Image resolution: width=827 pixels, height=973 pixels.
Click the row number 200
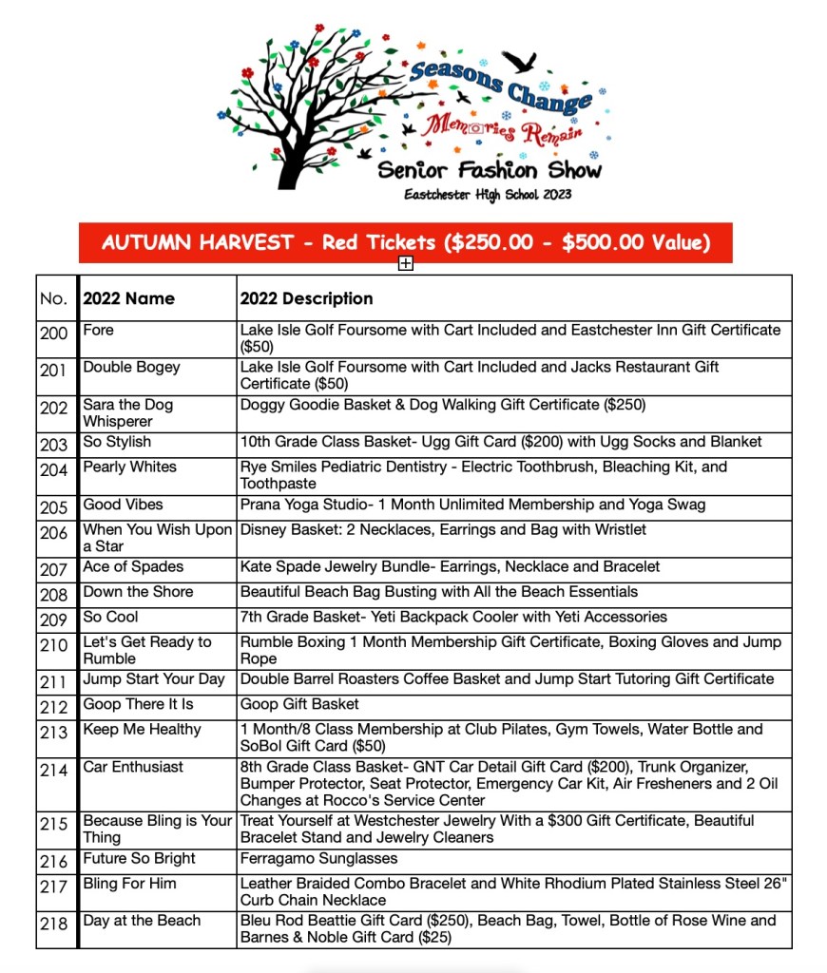(54, 333)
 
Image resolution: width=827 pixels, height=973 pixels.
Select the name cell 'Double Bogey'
(131, 367)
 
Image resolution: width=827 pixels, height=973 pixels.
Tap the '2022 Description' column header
(306, 298)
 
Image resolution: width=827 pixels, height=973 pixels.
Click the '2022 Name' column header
(128, 298)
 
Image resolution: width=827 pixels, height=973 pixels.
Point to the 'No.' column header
(54, 298)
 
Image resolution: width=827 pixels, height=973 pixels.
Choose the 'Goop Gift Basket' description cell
(299, 704)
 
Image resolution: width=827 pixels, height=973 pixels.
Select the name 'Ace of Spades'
(133, 566)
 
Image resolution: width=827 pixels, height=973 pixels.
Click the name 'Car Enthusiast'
(133, 767)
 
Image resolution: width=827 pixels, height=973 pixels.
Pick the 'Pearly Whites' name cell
(129, 467)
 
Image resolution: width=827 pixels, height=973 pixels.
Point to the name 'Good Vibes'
(123, 504)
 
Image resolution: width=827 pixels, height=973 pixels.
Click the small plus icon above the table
(406, 263)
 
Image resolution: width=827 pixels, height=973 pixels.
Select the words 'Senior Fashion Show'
(489, 170)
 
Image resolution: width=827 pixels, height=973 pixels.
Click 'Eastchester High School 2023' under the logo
(488, 195)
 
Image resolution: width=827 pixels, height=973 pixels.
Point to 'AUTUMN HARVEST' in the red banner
(198, 242)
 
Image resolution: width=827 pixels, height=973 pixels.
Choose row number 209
(54, 619)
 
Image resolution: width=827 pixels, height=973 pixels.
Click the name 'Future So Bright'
(139, 858)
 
